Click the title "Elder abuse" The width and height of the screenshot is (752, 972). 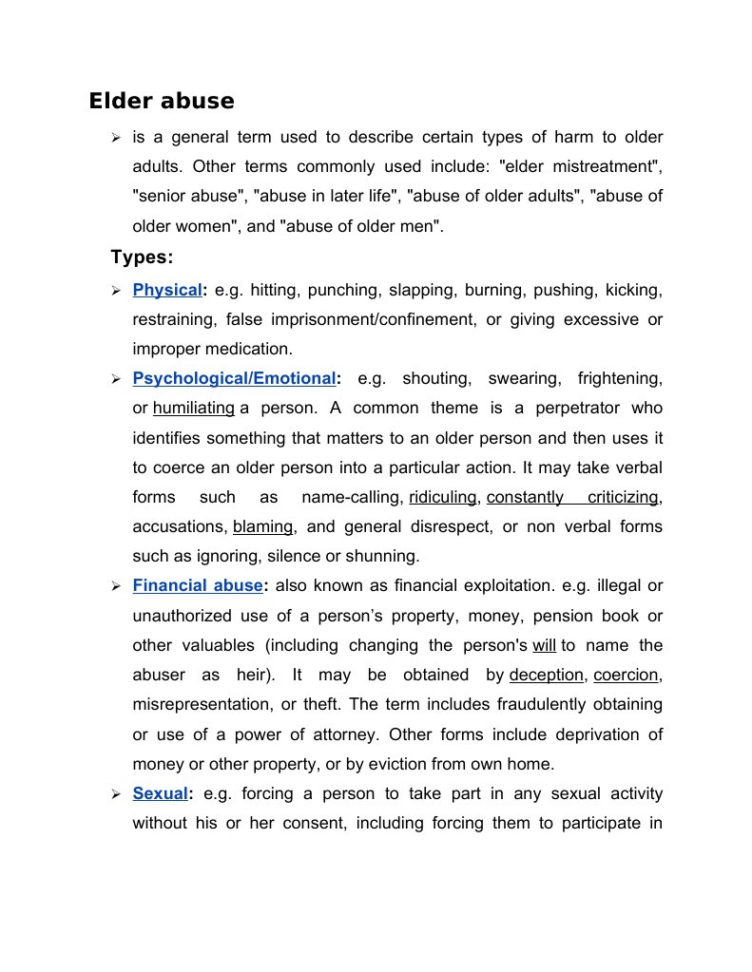click(162, 101)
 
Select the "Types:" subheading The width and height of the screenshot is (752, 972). click(142, 257)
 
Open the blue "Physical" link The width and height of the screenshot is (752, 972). click(167, 289)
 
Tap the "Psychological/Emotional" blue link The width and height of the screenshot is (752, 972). click(234, 378)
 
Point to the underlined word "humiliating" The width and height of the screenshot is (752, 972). click(193, 408)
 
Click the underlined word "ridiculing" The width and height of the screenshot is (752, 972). click(442, 497)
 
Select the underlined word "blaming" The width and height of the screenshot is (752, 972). click(263, 526)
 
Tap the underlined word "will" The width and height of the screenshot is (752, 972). click(544, 645)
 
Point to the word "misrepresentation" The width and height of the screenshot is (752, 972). click(197, 704)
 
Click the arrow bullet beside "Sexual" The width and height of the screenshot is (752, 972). click(115, 793)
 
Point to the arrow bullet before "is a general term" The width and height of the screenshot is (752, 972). click(115, 139)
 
